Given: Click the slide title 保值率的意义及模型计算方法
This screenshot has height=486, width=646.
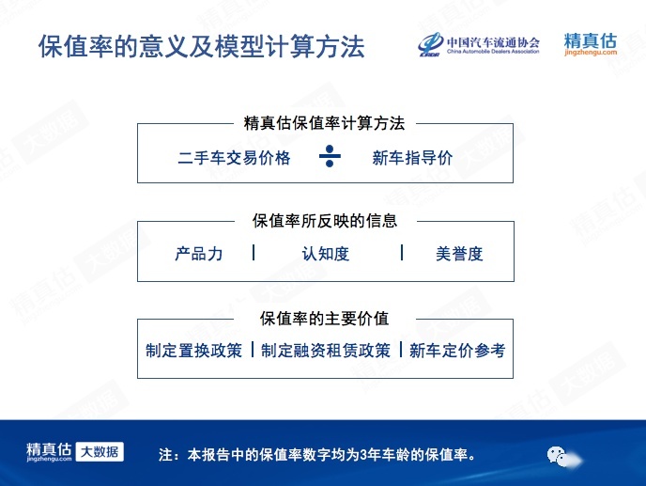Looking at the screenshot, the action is [x=202, y=46].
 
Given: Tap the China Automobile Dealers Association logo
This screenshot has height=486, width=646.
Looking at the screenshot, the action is [x=478, y=44].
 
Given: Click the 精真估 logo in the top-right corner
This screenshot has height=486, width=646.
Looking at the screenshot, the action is [x=591, y=44].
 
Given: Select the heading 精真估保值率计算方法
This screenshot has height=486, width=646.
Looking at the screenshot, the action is [x=324, y=123].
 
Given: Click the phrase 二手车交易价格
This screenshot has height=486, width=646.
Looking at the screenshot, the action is [x=234, y=158].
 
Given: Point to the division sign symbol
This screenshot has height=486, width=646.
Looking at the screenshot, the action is [x=330, y=156].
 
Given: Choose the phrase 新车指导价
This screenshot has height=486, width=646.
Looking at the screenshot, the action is [x=412, y=158].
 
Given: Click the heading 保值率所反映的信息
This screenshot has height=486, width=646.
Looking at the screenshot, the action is [x=325, y=221].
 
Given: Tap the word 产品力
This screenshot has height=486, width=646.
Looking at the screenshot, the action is [x=198, y=253].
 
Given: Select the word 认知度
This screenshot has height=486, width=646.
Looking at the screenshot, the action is [x=326, y=253].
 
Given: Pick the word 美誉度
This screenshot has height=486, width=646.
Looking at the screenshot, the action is [x=459, y=253].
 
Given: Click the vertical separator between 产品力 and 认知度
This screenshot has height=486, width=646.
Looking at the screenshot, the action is [x=254, y=253].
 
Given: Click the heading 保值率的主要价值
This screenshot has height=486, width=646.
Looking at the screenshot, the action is [x=324, y=318].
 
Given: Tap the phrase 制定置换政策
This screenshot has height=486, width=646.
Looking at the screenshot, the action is [x=193, y=351].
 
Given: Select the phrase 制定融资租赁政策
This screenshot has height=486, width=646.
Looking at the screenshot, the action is [x=326, y=351].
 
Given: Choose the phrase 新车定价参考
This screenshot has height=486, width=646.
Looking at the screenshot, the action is [x=457, y=351].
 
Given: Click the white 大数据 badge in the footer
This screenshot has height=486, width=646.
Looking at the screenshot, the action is [x=100, y=452].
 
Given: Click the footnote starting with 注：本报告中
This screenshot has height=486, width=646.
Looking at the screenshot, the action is [x=316, y=455].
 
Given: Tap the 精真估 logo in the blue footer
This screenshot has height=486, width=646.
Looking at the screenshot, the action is [x=49, y=452].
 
